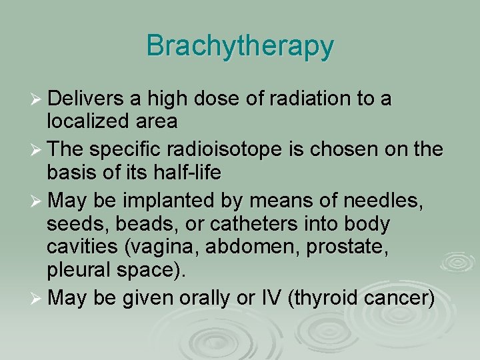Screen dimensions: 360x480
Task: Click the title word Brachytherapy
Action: [240, 46]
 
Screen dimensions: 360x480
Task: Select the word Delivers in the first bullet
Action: [85, 99]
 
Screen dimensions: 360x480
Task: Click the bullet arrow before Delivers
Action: [37, 100]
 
